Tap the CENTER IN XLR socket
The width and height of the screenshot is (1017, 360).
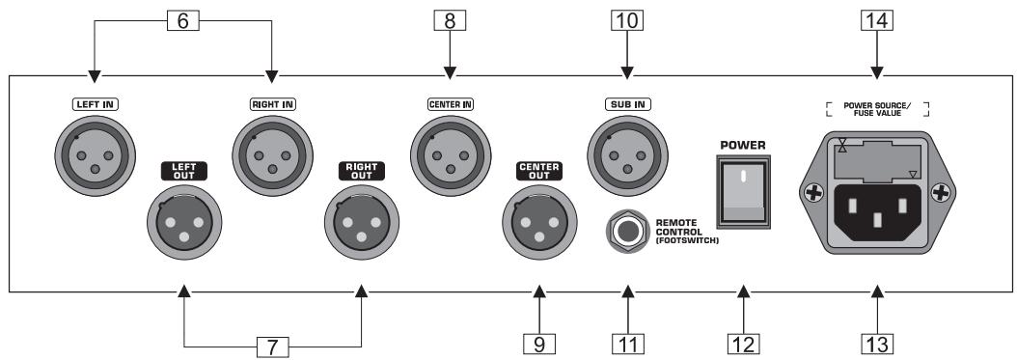point(449,152)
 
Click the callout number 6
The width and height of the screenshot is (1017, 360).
point(182,20)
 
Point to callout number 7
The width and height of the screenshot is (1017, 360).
point(272,343)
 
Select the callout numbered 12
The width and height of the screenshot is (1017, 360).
point(744,343)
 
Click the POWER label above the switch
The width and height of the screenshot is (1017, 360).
point(743,146)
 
